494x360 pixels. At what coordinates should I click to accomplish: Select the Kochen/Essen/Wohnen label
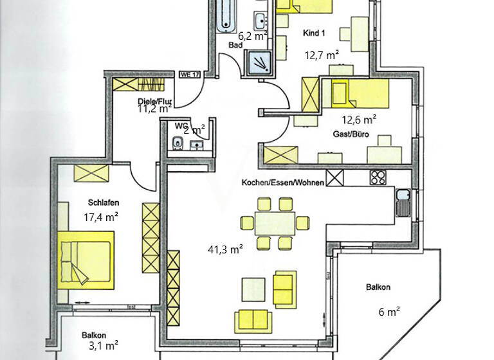pos(282,183)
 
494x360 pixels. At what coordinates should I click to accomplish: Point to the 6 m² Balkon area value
pos(389,312)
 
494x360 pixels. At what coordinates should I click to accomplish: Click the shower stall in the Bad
pos(261,62)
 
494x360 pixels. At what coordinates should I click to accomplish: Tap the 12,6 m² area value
pos(359,118)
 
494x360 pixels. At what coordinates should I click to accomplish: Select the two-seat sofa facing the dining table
pos(253,318)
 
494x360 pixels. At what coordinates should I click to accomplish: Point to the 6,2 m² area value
pos(252,37)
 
